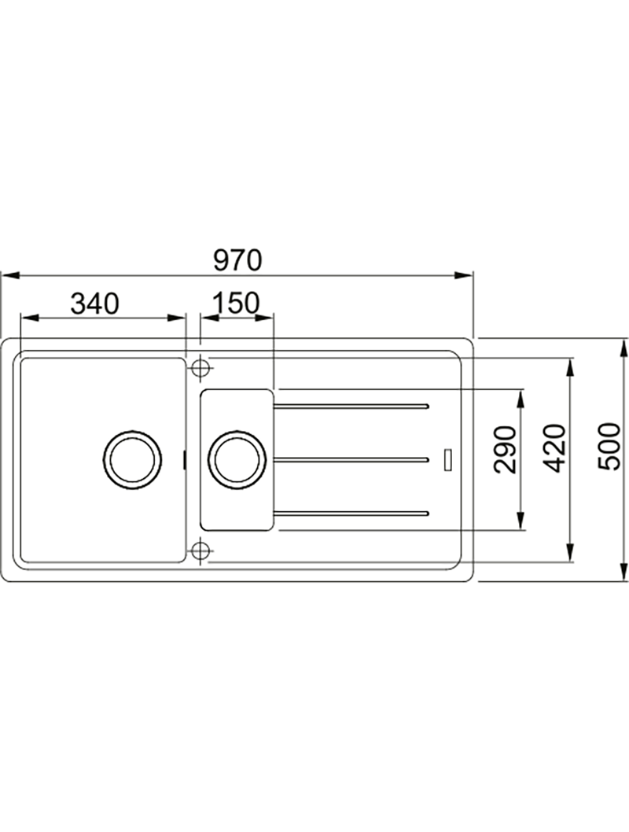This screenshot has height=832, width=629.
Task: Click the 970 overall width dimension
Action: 238,260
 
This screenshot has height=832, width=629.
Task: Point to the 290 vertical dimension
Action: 504,449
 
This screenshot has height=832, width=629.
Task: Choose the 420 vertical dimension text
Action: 556,447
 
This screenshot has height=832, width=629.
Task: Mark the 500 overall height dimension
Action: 608,446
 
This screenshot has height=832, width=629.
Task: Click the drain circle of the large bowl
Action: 132,459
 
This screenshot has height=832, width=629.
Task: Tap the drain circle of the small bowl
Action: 237,459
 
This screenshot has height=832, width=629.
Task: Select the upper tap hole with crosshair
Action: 200,366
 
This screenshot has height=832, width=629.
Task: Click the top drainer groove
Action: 351,407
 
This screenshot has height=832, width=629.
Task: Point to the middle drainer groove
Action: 351,459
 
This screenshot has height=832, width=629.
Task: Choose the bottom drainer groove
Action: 351,513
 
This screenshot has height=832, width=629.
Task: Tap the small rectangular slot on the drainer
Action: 449,459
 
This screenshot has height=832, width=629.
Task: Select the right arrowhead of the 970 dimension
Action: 462,275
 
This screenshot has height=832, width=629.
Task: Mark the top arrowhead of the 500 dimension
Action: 623,348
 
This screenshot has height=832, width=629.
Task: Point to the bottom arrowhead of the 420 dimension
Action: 571,552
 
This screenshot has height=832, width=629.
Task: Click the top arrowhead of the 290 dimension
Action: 520,399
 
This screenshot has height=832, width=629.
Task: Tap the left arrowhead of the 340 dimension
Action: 30,318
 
